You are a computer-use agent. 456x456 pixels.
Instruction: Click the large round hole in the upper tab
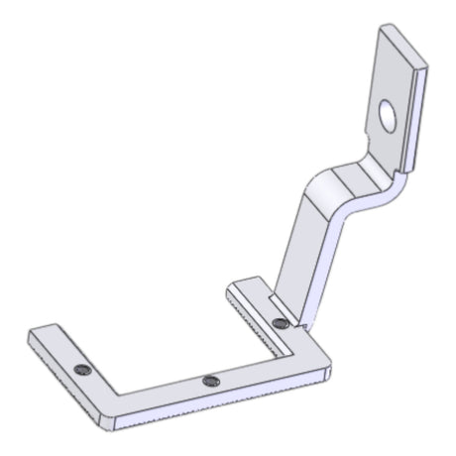click(x=388, y=116)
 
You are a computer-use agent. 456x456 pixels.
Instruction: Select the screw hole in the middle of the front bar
click(x=209, y=382)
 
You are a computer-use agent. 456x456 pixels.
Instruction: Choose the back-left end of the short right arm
click(x=234, y=288)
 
